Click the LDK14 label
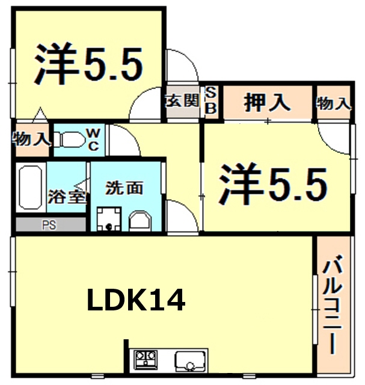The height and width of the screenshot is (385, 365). click(x=136, y=300)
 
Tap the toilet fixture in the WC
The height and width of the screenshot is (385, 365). click(x=71, y=139)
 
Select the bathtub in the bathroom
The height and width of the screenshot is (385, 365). click(x=29, y=188)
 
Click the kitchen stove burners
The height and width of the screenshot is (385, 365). click(x=145, y=360)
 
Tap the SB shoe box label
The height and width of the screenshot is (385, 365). click(x=212, y=100)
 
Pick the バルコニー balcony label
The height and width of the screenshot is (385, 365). click(x=333, y=306)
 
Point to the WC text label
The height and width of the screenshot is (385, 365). click(x=94, y=138)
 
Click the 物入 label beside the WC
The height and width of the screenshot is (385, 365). click(x=31, y=140)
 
